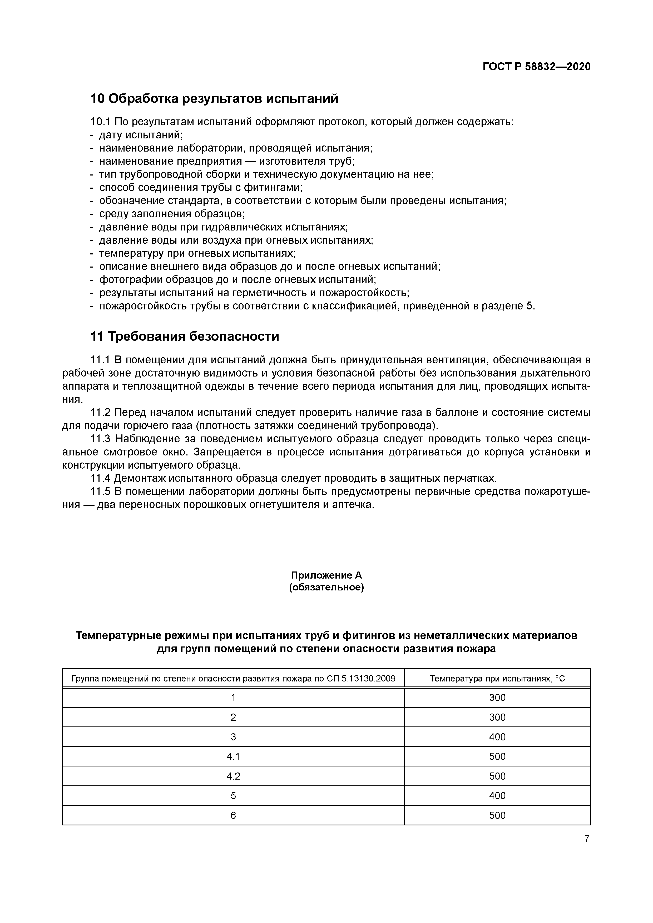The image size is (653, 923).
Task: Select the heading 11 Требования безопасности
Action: [x=184, y=336]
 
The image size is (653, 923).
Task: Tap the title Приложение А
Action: [x=326, y=575]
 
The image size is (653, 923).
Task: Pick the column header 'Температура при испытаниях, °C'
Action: [x=497, y=679]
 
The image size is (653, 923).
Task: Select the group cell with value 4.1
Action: [x=233, y=756]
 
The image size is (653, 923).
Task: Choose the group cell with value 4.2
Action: [x=233, y=776]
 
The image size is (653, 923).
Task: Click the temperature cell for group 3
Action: [x=497, y=737]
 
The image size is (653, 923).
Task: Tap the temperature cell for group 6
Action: [x=497, y=815]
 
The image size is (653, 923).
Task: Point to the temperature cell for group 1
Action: [x=497, y=698]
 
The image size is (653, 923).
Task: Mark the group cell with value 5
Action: [x=233, y=796]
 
